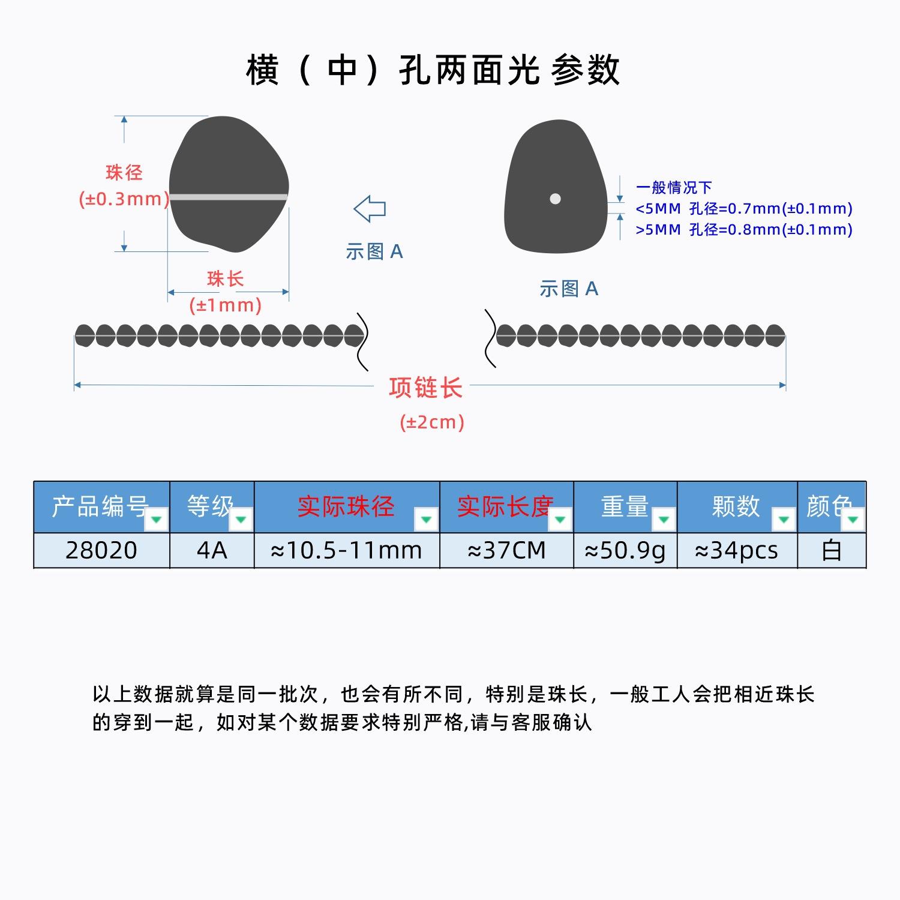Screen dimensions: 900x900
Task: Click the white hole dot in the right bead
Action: [555, 199]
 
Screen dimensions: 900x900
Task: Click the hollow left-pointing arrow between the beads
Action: [370, 209]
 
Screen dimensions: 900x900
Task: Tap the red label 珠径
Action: [124, 173]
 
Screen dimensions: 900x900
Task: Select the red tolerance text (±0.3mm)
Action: [124, 199]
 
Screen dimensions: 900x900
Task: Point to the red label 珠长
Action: [225, 278]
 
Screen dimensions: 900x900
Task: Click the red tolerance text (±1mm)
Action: [226, 305]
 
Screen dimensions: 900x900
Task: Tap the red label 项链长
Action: [425, 388]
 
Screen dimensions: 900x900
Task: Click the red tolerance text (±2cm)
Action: [432, 422]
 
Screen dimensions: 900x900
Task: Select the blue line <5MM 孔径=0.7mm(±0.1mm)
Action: [744, 209]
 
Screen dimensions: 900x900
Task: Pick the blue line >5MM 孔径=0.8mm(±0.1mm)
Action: [744, 229]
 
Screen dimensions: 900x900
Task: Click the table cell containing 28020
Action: [101, 550]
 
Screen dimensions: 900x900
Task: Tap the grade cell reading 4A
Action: [212, 550]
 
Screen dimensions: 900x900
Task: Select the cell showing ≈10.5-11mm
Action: [347, 550]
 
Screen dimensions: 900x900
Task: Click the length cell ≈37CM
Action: [506, 550]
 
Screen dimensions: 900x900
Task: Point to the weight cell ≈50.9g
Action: [625, 550]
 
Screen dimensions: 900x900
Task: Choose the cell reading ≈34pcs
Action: [737, 550]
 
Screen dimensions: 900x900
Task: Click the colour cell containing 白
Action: [832, 550]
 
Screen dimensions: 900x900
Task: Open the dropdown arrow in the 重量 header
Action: [664, 519]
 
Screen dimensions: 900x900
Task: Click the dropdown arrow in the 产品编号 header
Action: [156, 519]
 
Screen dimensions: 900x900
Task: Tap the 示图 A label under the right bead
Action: [569, 289]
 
